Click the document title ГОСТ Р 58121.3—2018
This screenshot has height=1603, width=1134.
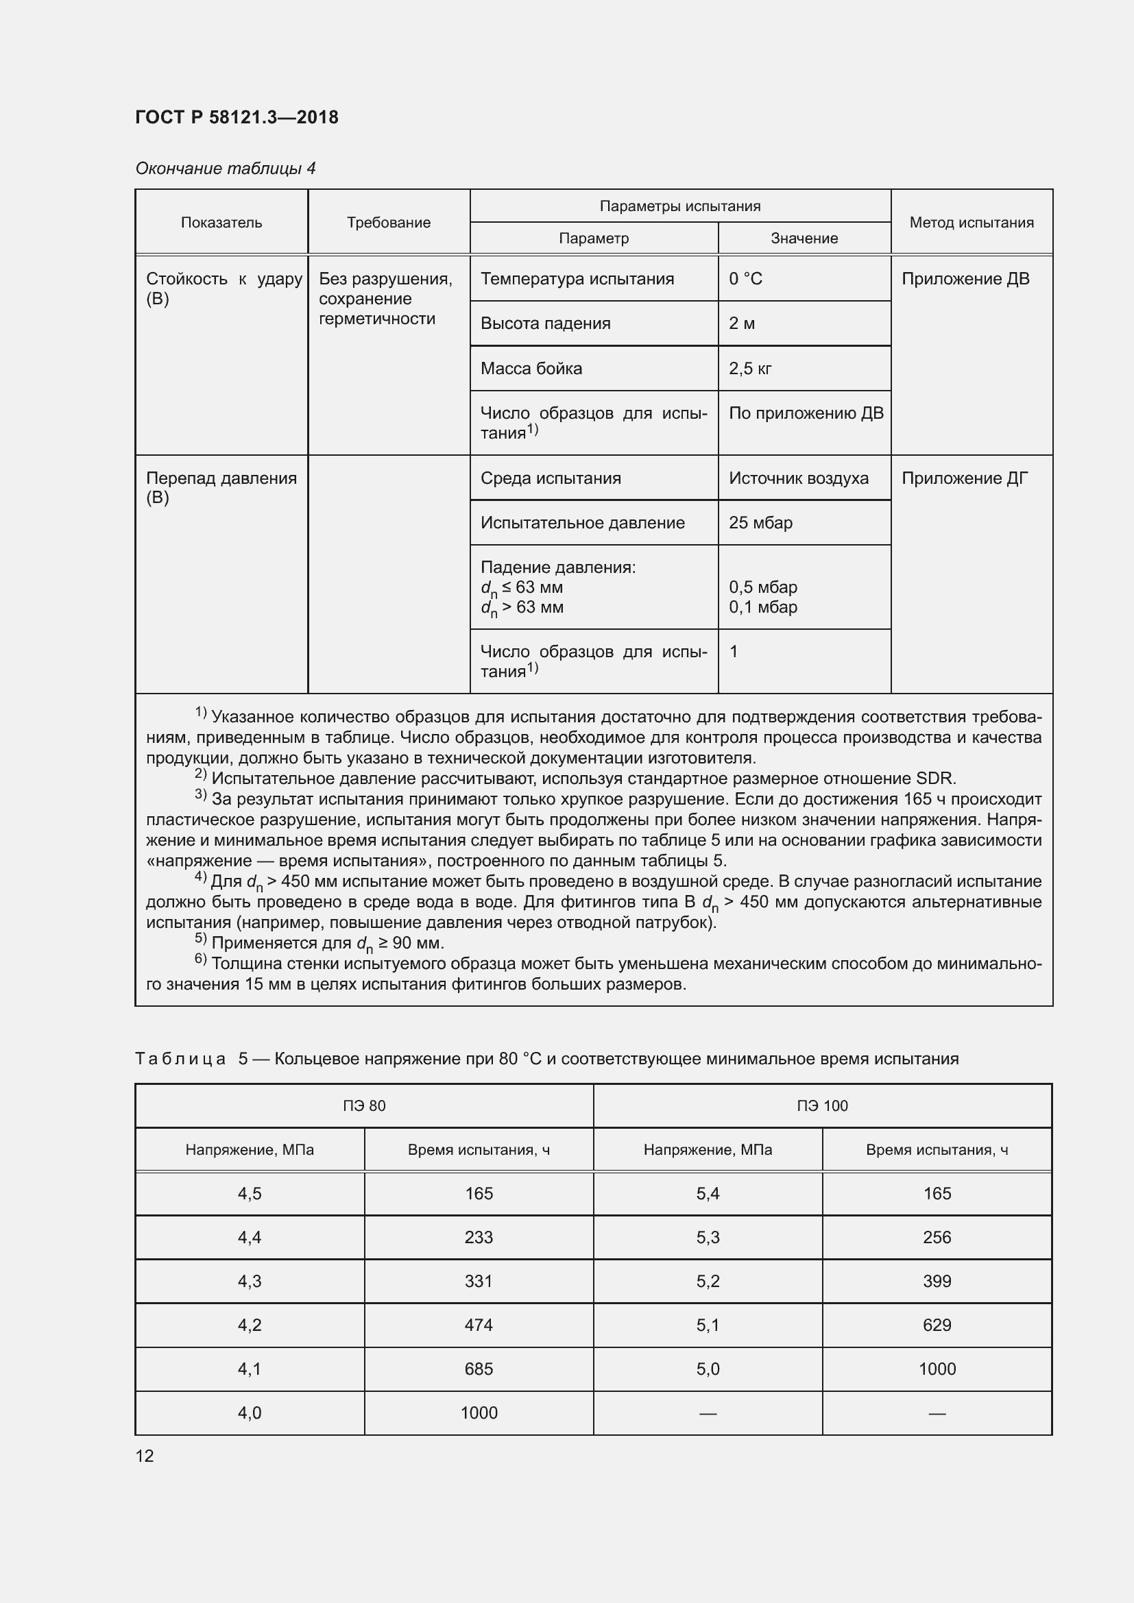point(237,117)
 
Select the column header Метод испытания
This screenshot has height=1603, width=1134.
point(971,223)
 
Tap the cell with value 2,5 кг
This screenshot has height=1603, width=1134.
point(750,369)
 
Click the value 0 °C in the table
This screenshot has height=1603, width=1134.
point(745,279)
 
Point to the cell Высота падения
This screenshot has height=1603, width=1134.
point(545,324)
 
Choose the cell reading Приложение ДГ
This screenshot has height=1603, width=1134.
point(965,478)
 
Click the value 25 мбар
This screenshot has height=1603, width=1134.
point(760,523)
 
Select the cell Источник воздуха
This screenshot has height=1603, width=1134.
point(798,478)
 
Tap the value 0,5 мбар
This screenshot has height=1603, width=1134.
point(762,587)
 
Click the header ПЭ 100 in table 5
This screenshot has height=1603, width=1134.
point(822,1106)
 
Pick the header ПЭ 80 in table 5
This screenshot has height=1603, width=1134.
point(364,1106)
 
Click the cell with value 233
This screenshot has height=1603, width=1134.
point(479,1237)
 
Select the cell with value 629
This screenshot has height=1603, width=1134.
point(937,1325)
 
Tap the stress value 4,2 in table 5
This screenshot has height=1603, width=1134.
point(250,1325)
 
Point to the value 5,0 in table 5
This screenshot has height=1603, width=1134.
point(708,1369)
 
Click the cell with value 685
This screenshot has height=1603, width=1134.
point(479,1369)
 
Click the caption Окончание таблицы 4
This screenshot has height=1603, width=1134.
point(225,169)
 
